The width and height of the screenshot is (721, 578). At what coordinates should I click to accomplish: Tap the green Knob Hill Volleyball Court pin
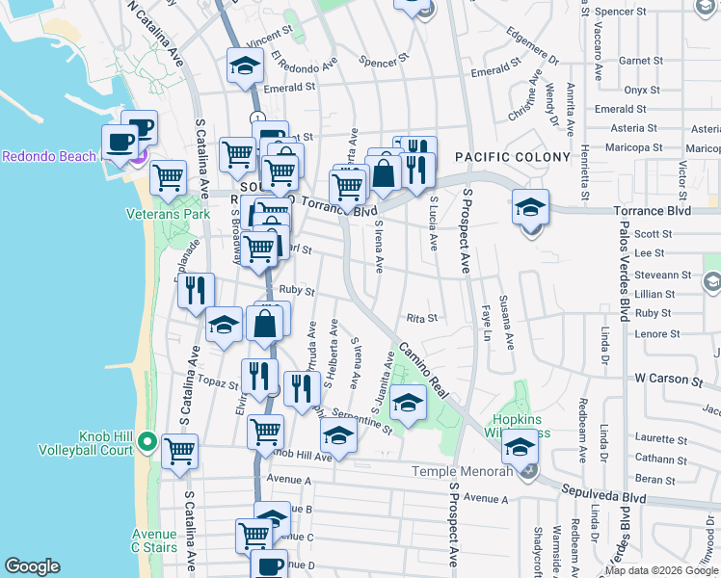pos(146,442)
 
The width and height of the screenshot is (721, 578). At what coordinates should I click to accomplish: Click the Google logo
pos(32,565)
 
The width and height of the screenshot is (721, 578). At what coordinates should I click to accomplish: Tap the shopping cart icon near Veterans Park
pos(169,176)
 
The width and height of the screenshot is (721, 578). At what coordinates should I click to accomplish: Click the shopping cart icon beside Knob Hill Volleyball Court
pos(179,451)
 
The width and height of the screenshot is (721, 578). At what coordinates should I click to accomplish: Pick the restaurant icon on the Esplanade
pos(196,290)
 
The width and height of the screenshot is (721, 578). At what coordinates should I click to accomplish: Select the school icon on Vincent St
pos(245,66)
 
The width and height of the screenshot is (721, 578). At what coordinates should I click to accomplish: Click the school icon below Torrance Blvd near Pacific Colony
pos(529,208)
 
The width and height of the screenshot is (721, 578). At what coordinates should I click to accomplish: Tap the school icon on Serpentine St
pos(338,438)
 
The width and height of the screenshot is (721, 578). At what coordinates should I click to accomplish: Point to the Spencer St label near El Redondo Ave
pos(378,63)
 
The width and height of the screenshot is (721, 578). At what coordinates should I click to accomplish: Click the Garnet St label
pos(638,60)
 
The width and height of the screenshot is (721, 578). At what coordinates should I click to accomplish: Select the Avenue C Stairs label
pos(155,541)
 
